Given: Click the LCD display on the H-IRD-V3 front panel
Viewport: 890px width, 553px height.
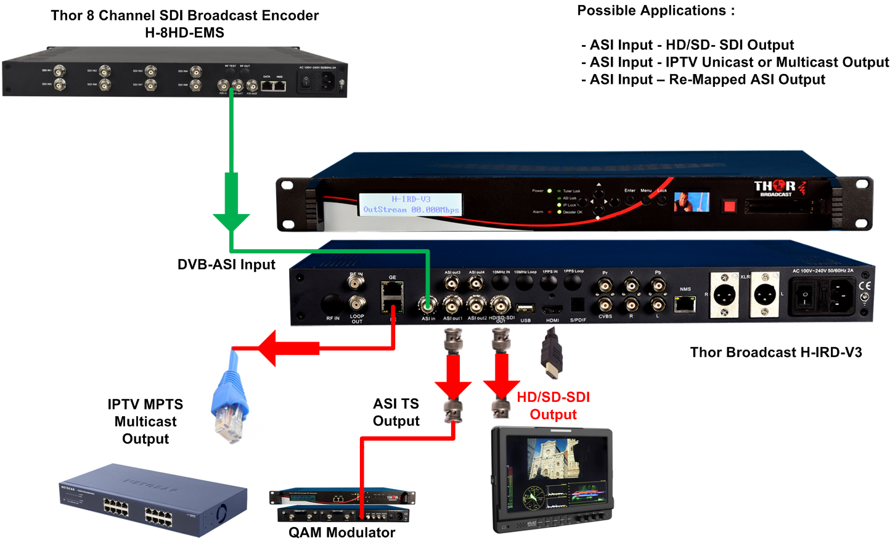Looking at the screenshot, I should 410,204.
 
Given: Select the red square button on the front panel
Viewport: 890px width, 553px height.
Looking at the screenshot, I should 729,205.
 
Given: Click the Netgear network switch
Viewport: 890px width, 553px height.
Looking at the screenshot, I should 153,500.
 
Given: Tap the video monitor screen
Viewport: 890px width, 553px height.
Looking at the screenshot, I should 552,472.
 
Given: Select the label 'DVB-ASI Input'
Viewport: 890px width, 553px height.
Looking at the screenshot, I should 226,264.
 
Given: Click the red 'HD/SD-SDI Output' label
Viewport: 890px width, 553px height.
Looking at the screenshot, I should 553,406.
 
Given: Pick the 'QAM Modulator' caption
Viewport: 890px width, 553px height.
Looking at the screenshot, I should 341,533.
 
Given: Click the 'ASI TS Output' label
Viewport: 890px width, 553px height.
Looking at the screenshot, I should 396,412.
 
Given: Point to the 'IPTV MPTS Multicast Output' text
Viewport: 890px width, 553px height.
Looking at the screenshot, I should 145,422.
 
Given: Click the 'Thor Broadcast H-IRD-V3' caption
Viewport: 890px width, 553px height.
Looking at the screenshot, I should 775,353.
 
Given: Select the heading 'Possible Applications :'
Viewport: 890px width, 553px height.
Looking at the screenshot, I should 656,10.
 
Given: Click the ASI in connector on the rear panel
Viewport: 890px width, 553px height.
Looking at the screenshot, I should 428,305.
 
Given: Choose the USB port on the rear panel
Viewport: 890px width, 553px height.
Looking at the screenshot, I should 525,308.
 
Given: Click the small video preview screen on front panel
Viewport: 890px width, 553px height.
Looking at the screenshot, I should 691,202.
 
